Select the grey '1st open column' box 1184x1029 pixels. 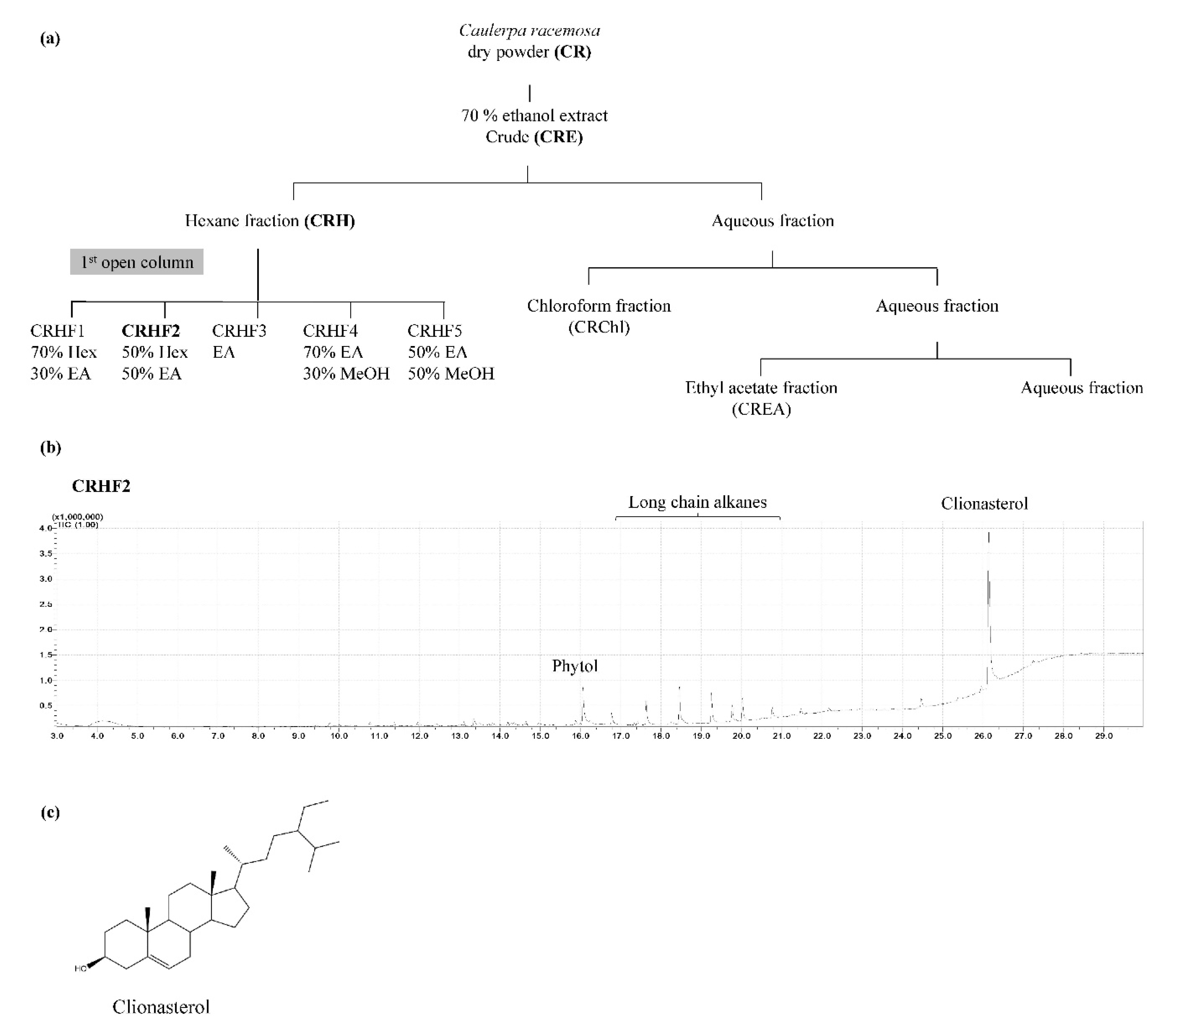137,262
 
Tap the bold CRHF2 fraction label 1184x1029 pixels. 151,331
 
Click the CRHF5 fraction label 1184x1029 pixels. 434,331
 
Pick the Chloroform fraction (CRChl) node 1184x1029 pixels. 599,316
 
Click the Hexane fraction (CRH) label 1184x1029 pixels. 269,220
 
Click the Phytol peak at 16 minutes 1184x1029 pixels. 583,703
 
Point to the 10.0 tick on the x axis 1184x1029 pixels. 339,736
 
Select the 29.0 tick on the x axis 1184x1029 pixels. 1104,736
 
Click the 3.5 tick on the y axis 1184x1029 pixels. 46,553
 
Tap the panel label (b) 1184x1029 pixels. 51,447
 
